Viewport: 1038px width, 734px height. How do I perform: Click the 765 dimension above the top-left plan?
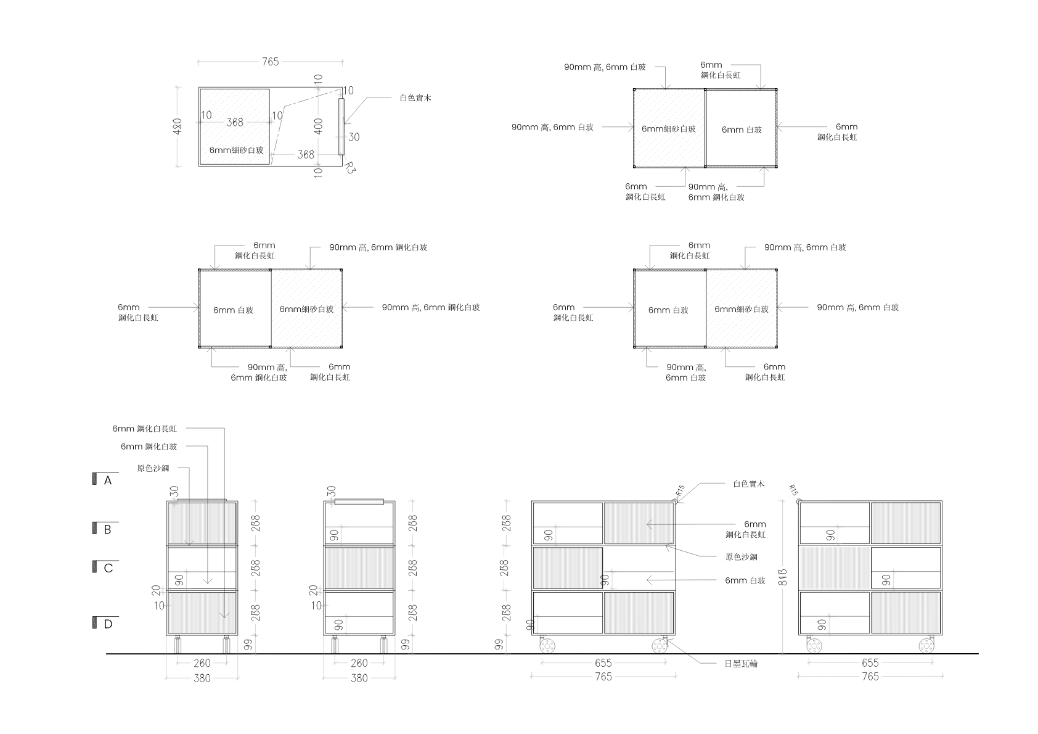coord(270,62)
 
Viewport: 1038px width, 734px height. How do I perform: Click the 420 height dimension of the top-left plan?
coord(177,126)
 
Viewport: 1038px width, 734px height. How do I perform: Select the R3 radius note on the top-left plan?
coord(349,168)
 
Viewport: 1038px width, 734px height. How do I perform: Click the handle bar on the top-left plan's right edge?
coord(341,126)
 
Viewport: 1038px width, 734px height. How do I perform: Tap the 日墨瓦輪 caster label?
coord(741,664)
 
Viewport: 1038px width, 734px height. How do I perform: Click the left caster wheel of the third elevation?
coord(547,646)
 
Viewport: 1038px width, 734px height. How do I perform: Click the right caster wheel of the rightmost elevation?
coord(926,646)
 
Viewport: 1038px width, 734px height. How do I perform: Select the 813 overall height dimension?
coord(782,577)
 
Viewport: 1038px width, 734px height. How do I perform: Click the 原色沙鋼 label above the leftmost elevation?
coord(153,468)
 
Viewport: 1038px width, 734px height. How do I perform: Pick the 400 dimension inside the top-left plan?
coord(318,126)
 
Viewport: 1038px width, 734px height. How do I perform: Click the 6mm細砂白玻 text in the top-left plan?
coord(236,150)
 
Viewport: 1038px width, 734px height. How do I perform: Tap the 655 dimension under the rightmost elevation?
coord(870,663)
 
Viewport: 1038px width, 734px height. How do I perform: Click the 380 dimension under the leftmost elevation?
coord(202,678)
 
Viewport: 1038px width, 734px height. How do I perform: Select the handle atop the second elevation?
coord(359,502)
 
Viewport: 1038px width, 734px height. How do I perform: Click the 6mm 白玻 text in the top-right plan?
coord(742,130)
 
